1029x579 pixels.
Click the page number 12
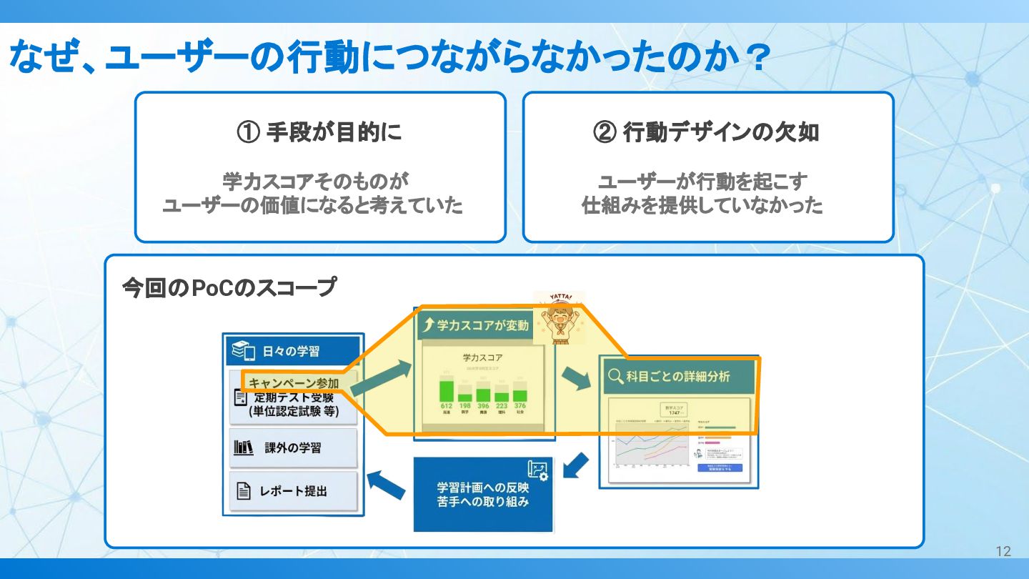coord(1003,551)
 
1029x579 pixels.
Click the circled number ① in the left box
coord(249,133)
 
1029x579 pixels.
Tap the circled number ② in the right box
coord(605,133)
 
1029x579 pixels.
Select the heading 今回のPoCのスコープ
coord(229,288)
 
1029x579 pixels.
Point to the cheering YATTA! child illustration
coord(560,318)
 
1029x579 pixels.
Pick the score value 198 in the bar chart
coord(464,406)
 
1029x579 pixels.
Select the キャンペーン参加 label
coord(294,384)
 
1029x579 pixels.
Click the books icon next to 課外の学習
coord(244,448)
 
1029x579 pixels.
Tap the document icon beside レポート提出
coord(244,491)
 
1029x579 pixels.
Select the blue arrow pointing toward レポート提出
coord(386,485)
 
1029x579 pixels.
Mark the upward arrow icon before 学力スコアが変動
coord(429,326)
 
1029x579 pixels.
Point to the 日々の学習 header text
coord(290,351)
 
